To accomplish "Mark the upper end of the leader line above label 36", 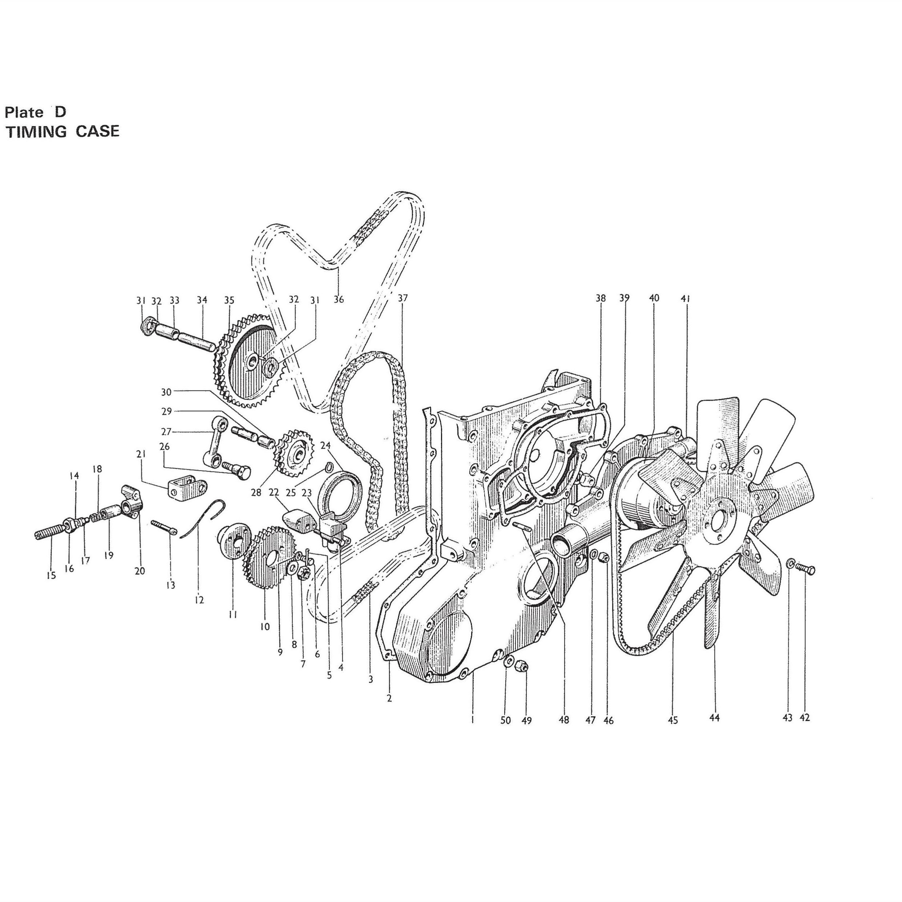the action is (x=338, y=268).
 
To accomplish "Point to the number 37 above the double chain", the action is (x=403, y=298).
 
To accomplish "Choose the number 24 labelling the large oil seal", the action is (x=325, y=445).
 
